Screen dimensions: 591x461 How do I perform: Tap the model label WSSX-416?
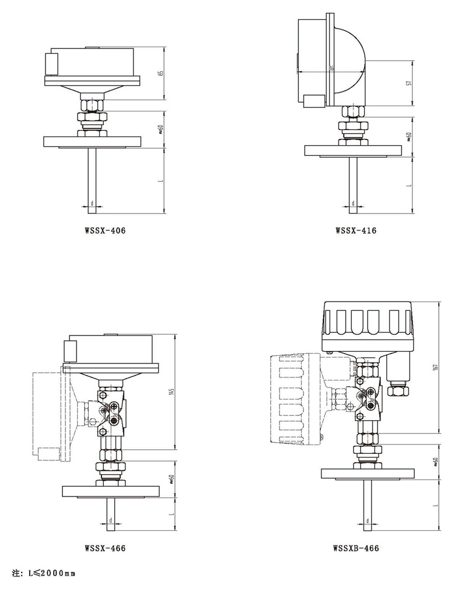click(356, 230)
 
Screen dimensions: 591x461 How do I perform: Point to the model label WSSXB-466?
click(356, 548)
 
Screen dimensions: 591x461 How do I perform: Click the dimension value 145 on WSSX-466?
click(171, 391)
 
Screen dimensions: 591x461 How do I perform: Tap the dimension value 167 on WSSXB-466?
click(435, 368)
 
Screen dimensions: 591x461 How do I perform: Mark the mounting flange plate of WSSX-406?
click(92, 142)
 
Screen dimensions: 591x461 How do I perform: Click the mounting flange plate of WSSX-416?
click(354, 150)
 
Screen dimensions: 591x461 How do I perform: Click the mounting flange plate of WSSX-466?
click(110, 491)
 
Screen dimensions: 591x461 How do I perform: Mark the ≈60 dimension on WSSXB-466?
click(435, 462)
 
